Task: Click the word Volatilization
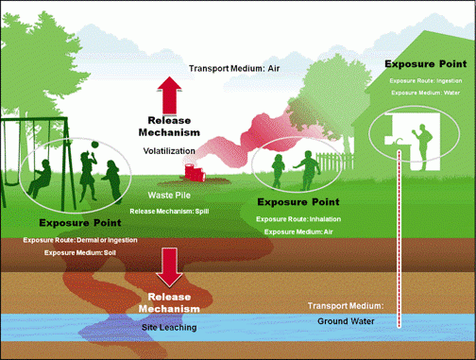pos(169,149)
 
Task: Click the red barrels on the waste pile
pos(195,171)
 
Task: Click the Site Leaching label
pos(171,325)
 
